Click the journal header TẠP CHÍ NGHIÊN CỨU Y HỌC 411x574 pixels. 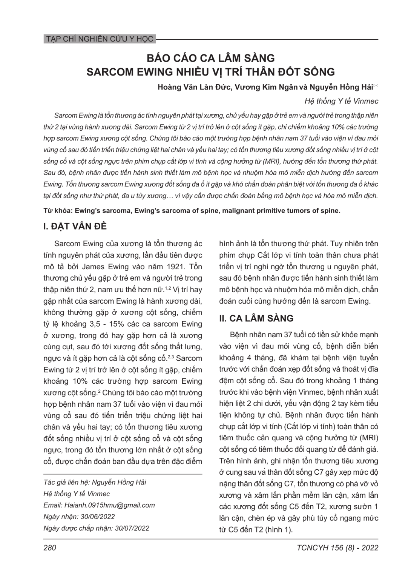(x=99, y=39)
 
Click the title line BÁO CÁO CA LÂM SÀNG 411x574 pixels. (x=210, y=58)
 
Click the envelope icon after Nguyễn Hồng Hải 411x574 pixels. (x=376, y=86)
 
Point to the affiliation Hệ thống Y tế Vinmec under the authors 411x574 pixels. (x=341, y=101)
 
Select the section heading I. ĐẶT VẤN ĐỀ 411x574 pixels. (x=75, y=226)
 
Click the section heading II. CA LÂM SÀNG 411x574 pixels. (x=256, y=318)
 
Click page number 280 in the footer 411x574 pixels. (x=50, y=548)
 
